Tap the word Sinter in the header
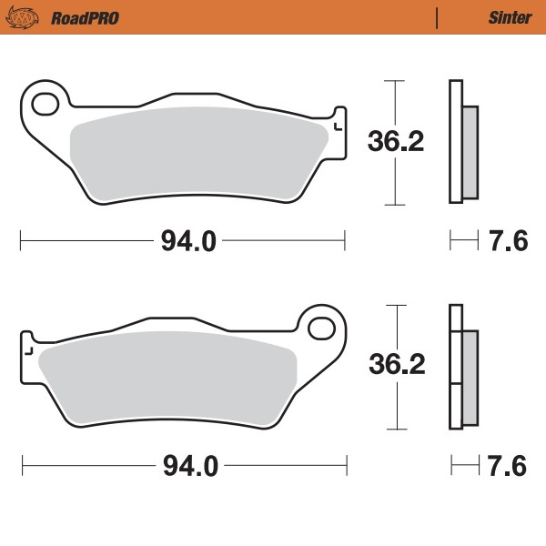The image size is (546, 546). click(x=503, y=17)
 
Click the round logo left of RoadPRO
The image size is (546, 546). click(x=28, y=17)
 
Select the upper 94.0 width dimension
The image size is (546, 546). click(x=188, y=241)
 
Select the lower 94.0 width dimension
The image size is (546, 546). click(x=190, y=466)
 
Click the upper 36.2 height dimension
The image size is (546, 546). click(x=396, y=141)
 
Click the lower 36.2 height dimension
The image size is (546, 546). click(x=397, y=365)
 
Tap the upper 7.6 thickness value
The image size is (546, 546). click(x=508, y=241)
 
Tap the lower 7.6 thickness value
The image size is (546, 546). click(x=508, y=466)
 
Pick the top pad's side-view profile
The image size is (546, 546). click(x=460, y=141)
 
